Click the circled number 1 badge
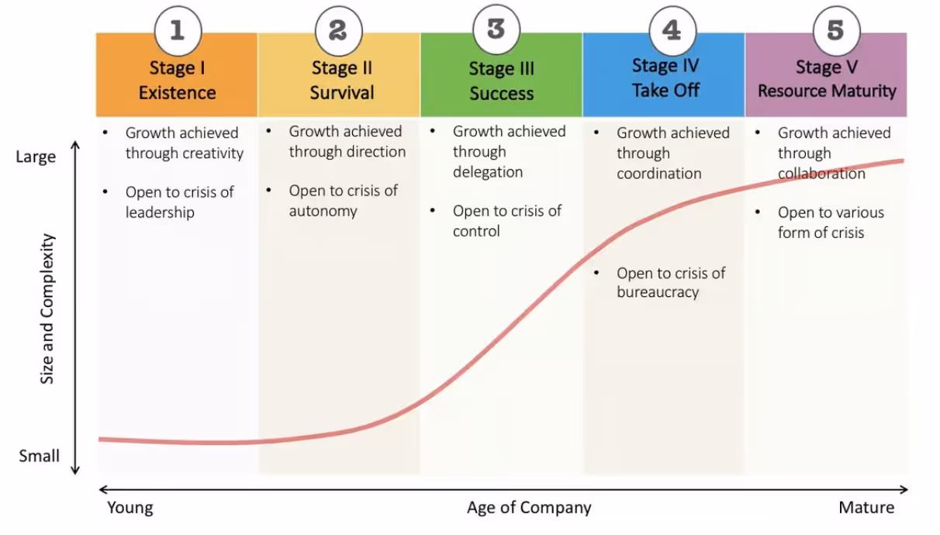[x=178, y=30]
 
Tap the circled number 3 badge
[x=496, y=29]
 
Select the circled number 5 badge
[x=835, y=30]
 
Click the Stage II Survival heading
[x=342, y=81]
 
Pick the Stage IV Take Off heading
[x=665, y=78]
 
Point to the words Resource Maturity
[x=827, y=91]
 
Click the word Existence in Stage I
[x=177, y=92]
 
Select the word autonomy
[x=323, y=210]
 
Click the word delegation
[x=488, y=171]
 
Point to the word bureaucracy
[x=658, y=292]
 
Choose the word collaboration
[x=821, y=173]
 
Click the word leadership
[x=160, y=212]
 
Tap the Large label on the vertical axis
[x=36, y=157]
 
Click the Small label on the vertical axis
[x=39, y=456]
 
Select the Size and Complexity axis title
[x=47, y=309]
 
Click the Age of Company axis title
[x=529, y=508]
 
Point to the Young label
[x=130, y=508]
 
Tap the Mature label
[x=866, y=508]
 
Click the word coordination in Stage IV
[x=658, y=173]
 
